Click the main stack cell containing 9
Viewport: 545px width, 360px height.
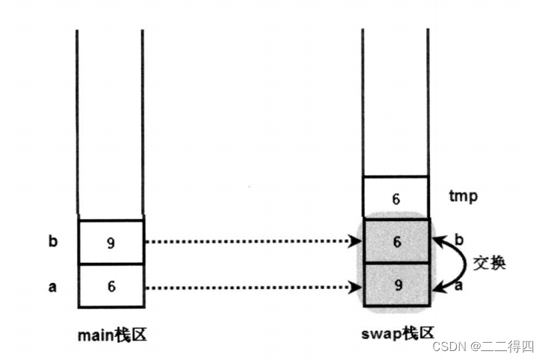pyautogui.click(x=110, y=242)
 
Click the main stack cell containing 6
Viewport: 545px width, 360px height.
pyautogui.click(x=110, y=286)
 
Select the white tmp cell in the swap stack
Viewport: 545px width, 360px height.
pyautogui.click(x=396, y=198)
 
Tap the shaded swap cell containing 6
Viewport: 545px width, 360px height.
pyautogui.click(x=396, y=241)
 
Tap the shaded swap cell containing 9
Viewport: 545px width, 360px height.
pyautogui.click(x=396, y=285)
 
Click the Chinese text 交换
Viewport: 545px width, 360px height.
pyautogui.click(x=489, y=263)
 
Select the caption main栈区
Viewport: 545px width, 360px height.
pyautogui.click(x=112, y=334)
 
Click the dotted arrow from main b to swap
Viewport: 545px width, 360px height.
pyautogui.click(x=246, y=241)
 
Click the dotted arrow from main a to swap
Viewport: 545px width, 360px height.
pyautogui.click(x=246, y=286)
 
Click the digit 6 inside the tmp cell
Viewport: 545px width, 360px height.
pyautogui.click(x=396, y=199)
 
